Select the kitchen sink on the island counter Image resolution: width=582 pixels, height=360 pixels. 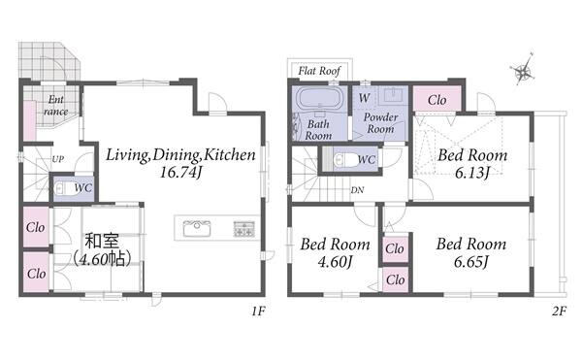point(196,228)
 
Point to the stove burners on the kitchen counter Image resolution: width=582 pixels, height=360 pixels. point(243,229)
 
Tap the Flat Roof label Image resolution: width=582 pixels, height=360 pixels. point(319,71)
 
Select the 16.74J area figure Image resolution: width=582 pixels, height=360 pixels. point(180,172)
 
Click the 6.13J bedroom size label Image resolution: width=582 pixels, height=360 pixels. point(472,173)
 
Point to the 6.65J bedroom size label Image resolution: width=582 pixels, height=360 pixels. point(471,262)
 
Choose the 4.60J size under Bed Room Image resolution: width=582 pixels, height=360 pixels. point(336,262)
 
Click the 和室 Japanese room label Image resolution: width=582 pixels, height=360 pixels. point(102,241)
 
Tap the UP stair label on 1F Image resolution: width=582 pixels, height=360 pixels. point(58,159)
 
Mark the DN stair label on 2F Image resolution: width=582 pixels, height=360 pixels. point(357,190)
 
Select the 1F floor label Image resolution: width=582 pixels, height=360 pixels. point(258,311)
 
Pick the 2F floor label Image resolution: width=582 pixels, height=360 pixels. point(559,311)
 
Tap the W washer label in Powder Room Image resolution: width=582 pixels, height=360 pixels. point(365,98)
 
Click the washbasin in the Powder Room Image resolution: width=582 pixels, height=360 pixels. point(394,95)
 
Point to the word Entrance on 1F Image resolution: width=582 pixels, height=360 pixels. point(56,106)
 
